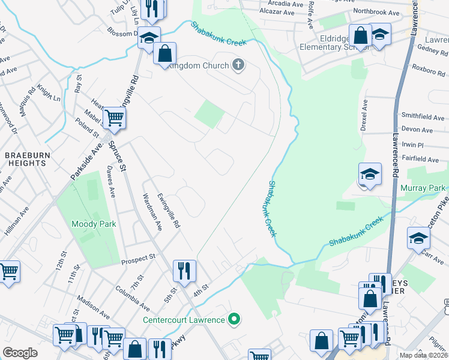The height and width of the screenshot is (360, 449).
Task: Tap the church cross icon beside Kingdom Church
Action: point(238,65)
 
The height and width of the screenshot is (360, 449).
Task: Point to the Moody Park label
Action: point(93,224)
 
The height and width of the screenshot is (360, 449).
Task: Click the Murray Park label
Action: point(423,188)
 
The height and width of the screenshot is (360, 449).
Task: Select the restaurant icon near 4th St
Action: point(184,271)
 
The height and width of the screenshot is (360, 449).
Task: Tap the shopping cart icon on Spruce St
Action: point(113,118)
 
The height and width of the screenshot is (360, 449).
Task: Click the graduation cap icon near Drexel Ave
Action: point(370,175)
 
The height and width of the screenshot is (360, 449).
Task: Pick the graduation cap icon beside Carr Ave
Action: point(418,239)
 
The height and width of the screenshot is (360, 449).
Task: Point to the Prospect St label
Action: point(137,257)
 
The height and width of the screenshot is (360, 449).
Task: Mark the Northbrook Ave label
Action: point(376,11)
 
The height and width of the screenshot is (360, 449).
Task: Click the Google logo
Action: point(20,353)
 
